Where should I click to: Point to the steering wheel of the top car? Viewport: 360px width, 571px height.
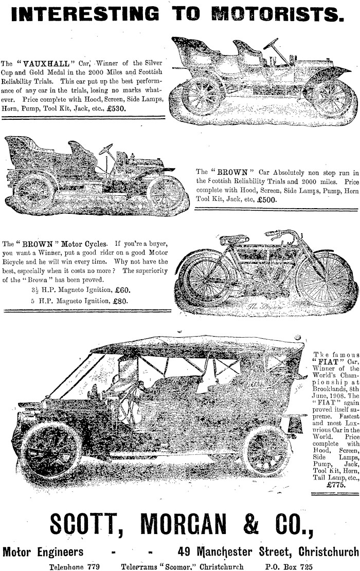tap(271, 44)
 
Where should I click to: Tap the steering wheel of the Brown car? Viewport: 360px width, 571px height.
tap(106, 150)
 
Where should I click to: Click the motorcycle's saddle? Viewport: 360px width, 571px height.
tap(234, 239)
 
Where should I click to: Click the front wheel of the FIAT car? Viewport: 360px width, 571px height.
tap(51, 450)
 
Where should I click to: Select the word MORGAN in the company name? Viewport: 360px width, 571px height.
tap(183, 524)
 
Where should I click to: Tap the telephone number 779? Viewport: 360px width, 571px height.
tap(94, 567)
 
